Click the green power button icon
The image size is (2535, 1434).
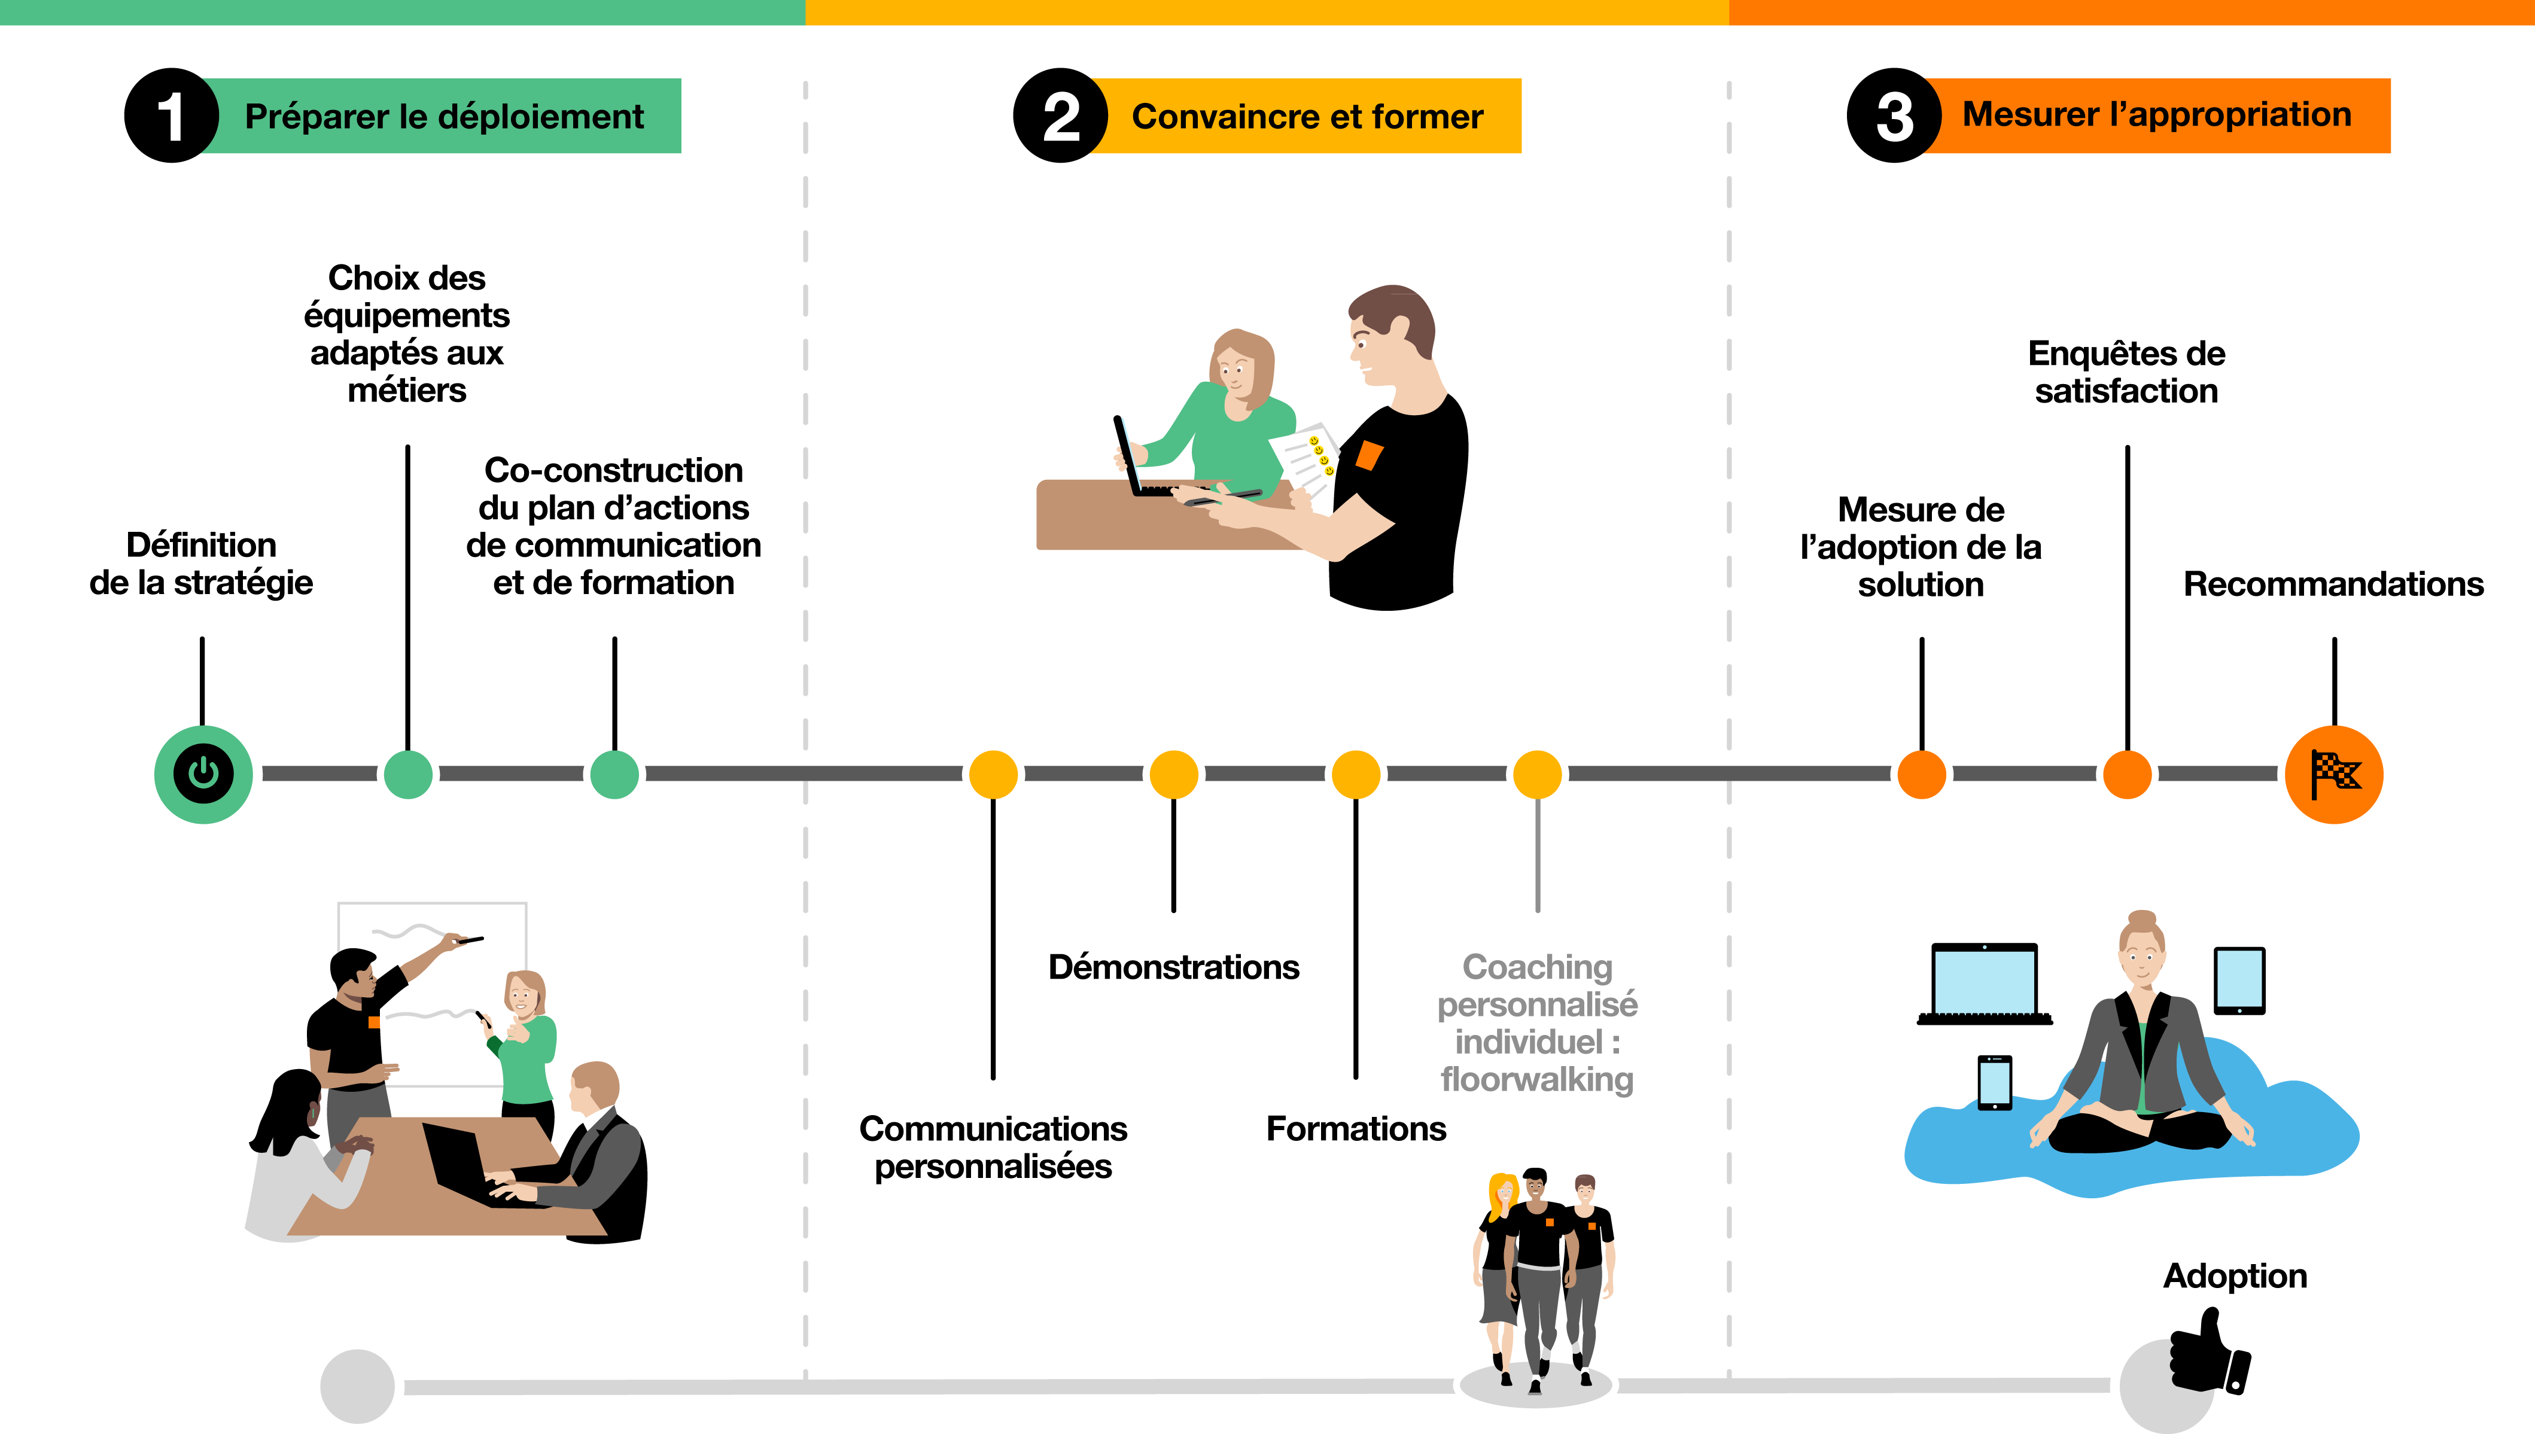point(203,774)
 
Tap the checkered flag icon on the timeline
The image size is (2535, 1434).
point(2333,774)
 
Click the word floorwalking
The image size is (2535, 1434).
point(1536,1079)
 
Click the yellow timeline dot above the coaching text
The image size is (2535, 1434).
point(1536,774)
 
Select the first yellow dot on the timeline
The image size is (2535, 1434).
point(993,774)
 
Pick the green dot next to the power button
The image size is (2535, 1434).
point(407,774)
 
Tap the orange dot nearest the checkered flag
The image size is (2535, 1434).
point(2128,774)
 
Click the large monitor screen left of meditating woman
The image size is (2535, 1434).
point(1983,982)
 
